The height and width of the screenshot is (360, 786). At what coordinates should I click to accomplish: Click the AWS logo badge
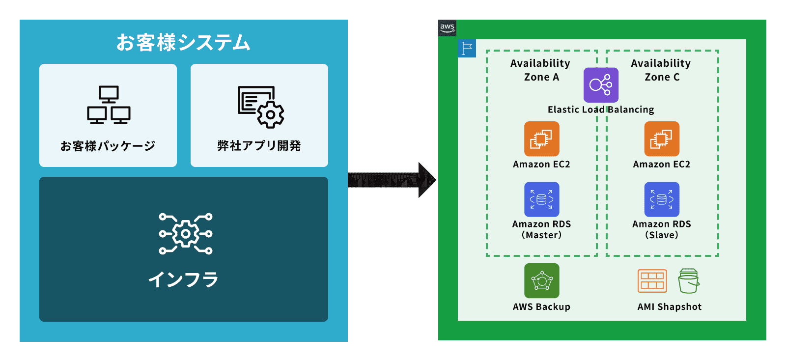click(447, 28)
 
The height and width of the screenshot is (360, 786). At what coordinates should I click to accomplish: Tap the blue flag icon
click(467, 48)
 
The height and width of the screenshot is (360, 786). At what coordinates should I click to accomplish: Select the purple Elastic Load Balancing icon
click(601, 85)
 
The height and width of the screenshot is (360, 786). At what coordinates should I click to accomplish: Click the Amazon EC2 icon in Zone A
click(541, 138)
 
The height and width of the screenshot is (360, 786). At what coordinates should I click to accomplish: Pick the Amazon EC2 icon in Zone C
click(662, 138)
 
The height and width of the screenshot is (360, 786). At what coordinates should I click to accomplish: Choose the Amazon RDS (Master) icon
click(541, 199)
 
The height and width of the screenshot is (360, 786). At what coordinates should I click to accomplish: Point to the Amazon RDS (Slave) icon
click(662, 199)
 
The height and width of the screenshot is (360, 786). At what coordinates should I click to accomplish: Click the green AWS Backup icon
click(541, 280)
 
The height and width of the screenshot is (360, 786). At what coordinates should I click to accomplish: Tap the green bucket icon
click(688, 281)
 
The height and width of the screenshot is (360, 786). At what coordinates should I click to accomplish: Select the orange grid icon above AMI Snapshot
click(652, 281)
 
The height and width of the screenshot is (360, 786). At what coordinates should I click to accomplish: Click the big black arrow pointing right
click(392, 180)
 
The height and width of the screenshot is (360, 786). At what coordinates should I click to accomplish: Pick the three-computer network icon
click(109, 105)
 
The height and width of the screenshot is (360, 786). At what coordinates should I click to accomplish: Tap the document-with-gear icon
click(261, 107)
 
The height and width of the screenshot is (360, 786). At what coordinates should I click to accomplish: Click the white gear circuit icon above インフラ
click(185, 233)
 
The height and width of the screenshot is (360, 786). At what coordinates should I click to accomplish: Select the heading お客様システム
click(183, 42)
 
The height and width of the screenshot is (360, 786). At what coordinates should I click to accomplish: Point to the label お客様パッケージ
click(108, 145)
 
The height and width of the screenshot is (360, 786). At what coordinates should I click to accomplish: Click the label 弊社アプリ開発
click(259, 145)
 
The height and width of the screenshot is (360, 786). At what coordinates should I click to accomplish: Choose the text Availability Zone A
click(540, 70)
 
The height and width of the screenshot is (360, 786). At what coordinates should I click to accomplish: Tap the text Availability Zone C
click(661, 70)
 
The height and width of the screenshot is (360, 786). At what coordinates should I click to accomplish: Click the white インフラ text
click(183, 279)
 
